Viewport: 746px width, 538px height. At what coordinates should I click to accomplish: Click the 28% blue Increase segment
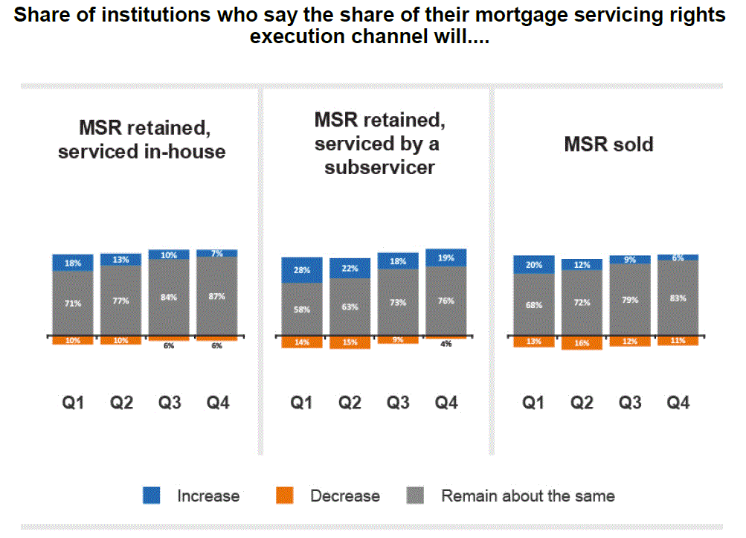(x=301, y=270)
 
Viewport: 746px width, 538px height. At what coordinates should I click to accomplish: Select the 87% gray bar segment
(x=216, y=297)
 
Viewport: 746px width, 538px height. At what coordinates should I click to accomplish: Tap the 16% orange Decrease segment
(x=582, y=343)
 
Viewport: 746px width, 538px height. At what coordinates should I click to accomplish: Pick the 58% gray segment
(x=301, y=309)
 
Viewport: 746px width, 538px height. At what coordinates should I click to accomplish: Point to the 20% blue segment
(x=533, y=265)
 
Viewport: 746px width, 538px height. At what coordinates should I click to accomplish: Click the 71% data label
(x=73, y=304)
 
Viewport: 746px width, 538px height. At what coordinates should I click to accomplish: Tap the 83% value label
(x=678, y=298)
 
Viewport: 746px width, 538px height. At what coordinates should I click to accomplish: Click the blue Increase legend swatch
(x=151, y=496)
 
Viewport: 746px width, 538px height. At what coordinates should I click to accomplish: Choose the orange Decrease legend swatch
(x=285, y=496)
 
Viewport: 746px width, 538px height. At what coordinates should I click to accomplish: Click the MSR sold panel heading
(x=608, y=144)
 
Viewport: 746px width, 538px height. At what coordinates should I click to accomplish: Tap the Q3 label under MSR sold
(x=630, y=403)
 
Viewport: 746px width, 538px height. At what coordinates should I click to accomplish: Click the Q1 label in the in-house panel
(x=73, y=403)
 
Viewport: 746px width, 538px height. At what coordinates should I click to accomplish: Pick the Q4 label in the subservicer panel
(x=446, y=403)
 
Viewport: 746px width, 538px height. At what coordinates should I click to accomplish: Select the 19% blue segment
(x=446, y=257)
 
